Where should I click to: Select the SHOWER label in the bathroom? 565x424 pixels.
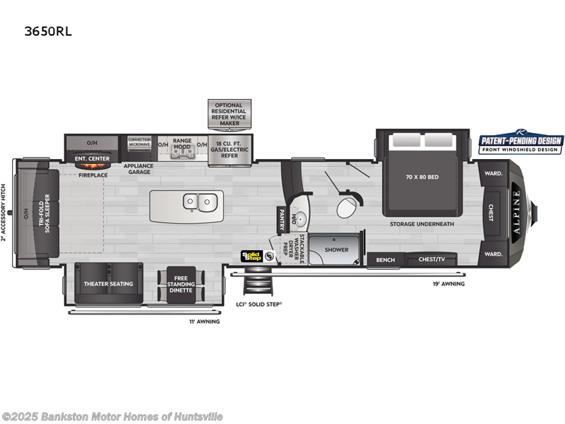click(x=336, y=249)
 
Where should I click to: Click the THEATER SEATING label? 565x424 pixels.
click(x=108, y=283)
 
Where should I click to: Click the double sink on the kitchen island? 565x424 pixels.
click(x=198, y=201)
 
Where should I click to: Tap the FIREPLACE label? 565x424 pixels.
click(x=93, y=174)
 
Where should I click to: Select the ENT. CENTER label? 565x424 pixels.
click(x=92, y=160)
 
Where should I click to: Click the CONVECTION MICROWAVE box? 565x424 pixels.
click(x=140, y=142)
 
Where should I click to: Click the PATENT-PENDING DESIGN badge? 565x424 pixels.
click(x=521, y=143)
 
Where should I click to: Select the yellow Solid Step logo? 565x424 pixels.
click(x=251, y=256)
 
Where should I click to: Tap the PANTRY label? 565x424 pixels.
click(x=281, y=216)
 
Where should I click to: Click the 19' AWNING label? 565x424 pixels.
click(x=448, y=283)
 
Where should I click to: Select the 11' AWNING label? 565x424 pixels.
click(x=205, y=322)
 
